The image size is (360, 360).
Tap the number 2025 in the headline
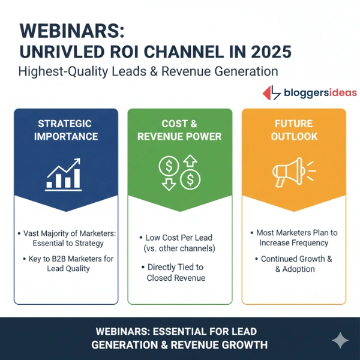tap(265, 51)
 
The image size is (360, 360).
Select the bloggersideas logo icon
tap(272, 92)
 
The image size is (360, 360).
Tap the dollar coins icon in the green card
tap(179, 172)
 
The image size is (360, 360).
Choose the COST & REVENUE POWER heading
tap(179, 130)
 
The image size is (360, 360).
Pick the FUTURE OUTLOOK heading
tap(293, 130)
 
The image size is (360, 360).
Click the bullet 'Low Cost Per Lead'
tap(179, 243)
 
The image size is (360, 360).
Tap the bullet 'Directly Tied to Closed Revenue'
tap(179, 272)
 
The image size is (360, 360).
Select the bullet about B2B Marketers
tap(67, 263)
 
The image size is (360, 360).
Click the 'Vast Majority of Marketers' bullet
tap(65, 238)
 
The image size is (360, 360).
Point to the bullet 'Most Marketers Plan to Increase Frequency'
tap(293, 238)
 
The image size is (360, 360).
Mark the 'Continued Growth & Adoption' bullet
tap(293, 265)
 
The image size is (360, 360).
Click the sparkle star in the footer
tap(340, 341)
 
